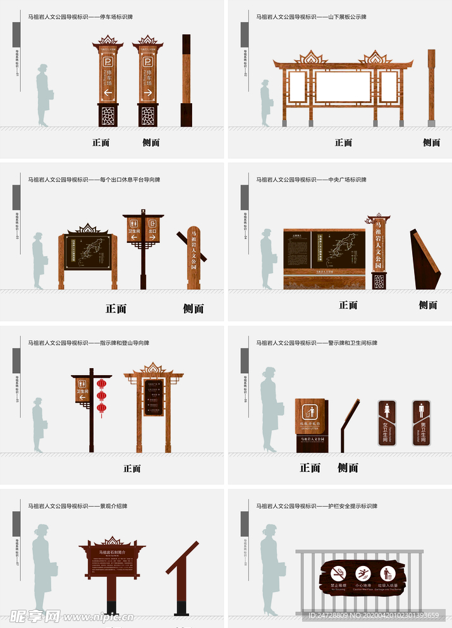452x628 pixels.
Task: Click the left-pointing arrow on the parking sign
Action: coord(107,93)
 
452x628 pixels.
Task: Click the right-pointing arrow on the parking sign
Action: coord(147,93)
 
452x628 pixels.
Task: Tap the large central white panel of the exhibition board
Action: coord(343,87)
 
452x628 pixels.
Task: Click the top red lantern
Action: coord(101,384)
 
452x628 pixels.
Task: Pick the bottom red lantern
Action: coord(101,407)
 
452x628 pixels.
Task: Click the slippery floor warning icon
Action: coord(363,574)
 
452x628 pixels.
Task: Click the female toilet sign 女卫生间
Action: coord(386,422)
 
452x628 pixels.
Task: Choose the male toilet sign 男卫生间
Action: coord(422,422)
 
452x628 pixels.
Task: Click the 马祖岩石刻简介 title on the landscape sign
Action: coord(113,552)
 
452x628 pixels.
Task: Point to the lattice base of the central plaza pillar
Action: coord(379,281)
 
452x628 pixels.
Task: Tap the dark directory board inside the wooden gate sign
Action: coord(153,397)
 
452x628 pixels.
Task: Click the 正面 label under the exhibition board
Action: coord(343,143)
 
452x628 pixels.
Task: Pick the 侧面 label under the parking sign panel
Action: coord(150,143)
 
